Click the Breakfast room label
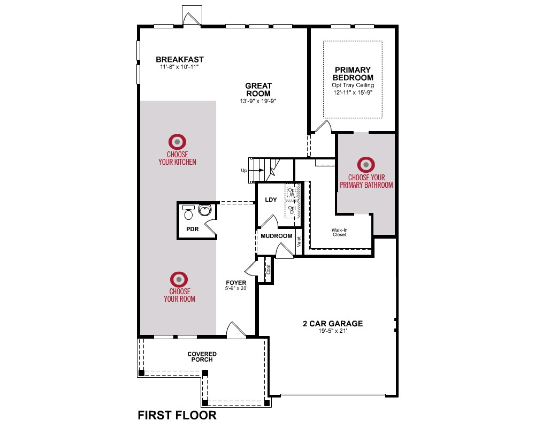click(x=179, y=59)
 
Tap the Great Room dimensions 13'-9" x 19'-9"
click(x=258, y=101)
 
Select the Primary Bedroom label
click(x=353, y=74)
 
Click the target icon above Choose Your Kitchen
click(x=178, y=142)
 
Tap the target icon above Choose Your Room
click(x=179, y=279)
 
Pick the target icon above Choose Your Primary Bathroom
click(x=366, y=165)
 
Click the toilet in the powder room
click(x=188, y=212)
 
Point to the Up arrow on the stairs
click(x=258, y=170)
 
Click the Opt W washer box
click(x=292, y=192)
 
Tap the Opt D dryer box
click(x=292, y=210)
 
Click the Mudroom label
click(x=277, y=236)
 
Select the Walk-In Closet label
click(x=340, y=232)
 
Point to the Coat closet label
click(x=268, y=270)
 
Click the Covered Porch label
click(x=202, y=357)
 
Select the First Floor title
click(x=177, y=415)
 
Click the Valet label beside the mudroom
click(x=299, y=242)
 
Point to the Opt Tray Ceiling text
click(x=353, y=85)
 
